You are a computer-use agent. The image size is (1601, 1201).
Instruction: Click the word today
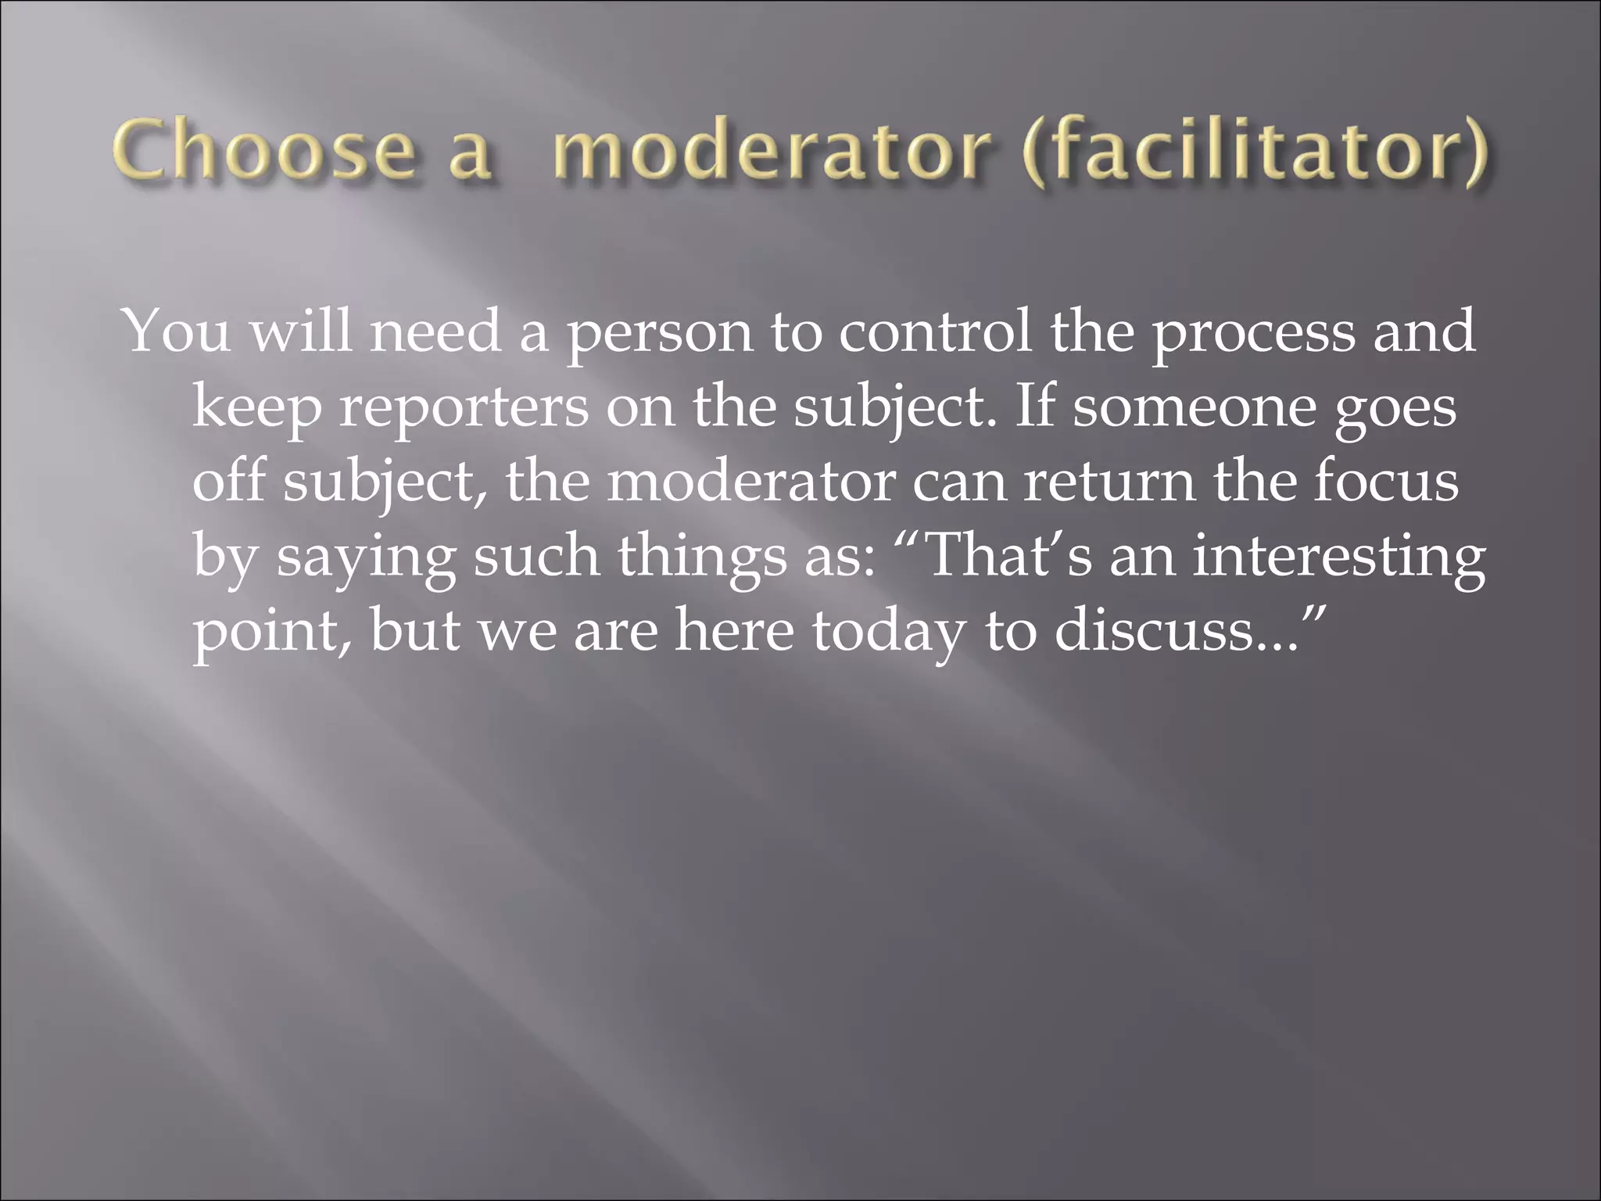click(x=888, y=632)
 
